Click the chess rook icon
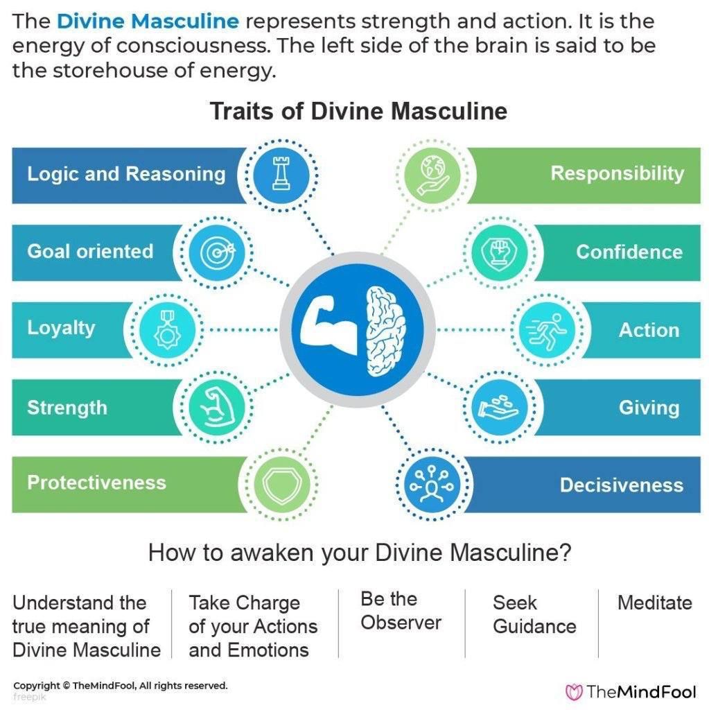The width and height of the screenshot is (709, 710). pos(281,173)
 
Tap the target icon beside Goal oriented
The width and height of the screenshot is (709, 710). pos(218,252)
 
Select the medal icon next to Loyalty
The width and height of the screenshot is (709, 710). pos(167,329)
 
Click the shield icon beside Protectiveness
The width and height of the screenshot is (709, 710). pos(281,484)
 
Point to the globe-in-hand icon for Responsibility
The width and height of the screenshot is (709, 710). pos(433,175)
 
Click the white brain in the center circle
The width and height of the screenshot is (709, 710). pos(385,331)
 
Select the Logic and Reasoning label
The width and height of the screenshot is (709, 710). pos(126,174)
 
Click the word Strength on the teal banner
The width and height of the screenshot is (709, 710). pos(67,408)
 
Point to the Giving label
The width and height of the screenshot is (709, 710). pos(649,408)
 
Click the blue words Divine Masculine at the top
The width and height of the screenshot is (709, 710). pos(148,21)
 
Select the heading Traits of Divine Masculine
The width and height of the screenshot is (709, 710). pos(358,111)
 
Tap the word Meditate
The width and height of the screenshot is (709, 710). pos(655,603)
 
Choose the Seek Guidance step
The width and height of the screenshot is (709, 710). pos(534,614)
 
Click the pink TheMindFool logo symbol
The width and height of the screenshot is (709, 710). pos(574,692)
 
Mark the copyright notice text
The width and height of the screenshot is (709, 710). pos(121,686)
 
